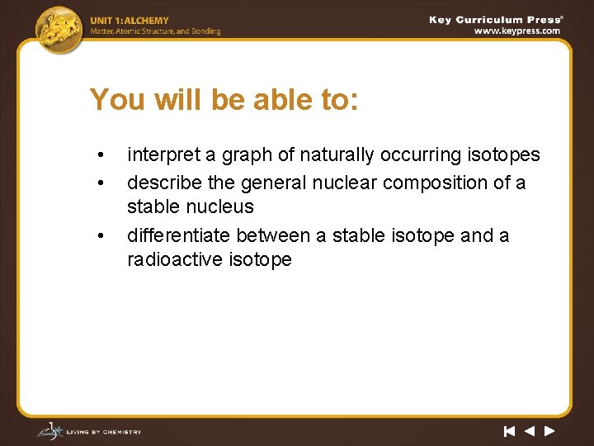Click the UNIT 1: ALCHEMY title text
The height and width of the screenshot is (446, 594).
(x=130, y=21)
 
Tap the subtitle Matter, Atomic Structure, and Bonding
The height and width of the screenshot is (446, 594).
(x=155, y=31)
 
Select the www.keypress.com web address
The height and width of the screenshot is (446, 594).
(x=516, y=31)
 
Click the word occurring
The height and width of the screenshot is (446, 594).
(x=425, y=155)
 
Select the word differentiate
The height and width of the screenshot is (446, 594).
(x=178, y=235)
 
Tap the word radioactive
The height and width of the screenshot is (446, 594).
(x=172, y=259)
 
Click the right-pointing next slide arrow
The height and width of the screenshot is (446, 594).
(x=549, y=431)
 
